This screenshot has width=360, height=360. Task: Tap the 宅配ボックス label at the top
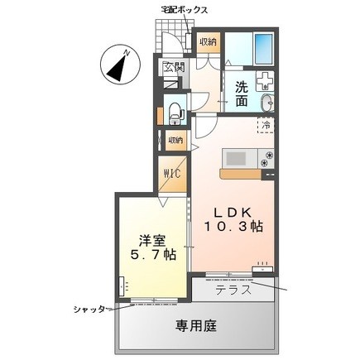183,9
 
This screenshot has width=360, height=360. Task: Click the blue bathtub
265,49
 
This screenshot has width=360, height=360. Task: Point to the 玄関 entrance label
173,69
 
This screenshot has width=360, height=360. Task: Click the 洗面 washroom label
241,94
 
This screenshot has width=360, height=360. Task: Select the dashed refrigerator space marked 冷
266,126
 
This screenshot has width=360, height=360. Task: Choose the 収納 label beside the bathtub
208,41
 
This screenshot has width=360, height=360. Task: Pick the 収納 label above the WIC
175,140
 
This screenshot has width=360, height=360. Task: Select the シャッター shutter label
89,309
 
